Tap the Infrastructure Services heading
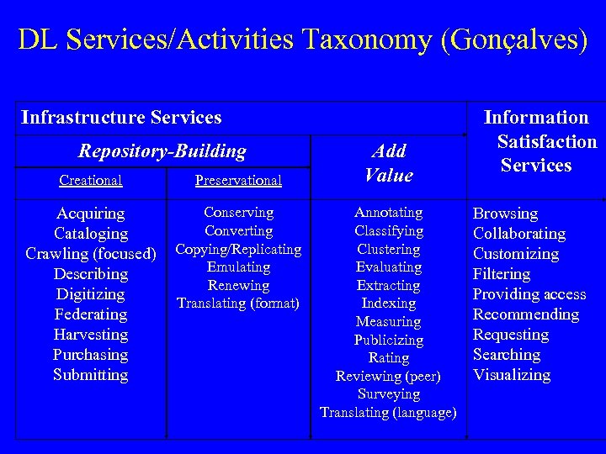(121, 118)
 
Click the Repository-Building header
(162, 151)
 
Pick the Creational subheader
(91, 180)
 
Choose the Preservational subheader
(238, 180)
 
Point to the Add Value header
(389, 163)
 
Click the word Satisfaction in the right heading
(547, 141)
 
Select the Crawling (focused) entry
(91, 254)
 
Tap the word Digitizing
(91, 294)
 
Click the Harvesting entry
(91, 335)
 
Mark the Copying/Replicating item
(238, 249)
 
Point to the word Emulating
(238, 267)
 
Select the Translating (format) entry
(238, 303)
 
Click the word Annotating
(389, 213)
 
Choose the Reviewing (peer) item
(389, 376)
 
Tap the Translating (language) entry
(389, 412)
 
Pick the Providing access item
(529, 294)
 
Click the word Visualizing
(512, 375)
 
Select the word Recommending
(526, 314)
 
